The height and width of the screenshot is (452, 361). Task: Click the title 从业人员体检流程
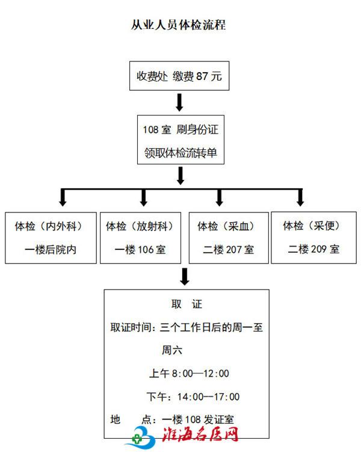[x=178, y=25]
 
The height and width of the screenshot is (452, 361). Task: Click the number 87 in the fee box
[x=202, y=76]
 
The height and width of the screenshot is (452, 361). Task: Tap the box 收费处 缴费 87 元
[x=179, y=76]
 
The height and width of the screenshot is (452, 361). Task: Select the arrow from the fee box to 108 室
[x=179, y=102]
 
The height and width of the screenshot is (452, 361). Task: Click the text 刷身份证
[x=197, y=129]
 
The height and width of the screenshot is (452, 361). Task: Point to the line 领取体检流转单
[x=180, y=152]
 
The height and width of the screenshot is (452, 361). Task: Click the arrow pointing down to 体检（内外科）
[x=63, y=197]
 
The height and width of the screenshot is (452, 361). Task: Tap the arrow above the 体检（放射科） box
[x=143, y=197]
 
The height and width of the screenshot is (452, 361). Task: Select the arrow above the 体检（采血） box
[x=219, y=197]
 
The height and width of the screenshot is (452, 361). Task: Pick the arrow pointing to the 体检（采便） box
[x=300, y=197]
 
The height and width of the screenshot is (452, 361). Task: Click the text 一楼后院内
[x=51, y=250]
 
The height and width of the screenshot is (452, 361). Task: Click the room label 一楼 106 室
[x=140, y=250]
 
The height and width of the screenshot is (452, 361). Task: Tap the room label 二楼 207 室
[x=229, y=250]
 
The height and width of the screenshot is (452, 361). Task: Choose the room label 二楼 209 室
[x=313, y=249]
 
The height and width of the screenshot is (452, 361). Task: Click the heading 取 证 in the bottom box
[x=187, y=304]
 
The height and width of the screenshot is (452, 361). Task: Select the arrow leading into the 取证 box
[x=184, y=277]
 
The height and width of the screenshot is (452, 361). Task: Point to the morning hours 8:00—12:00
[x=200, y=374]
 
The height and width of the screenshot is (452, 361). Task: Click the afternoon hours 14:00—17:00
[x=208, y=397]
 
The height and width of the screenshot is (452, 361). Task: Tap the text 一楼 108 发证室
[x=198, y=419]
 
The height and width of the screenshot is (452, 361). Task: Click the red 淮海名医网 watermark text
[x=200, y=434]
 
